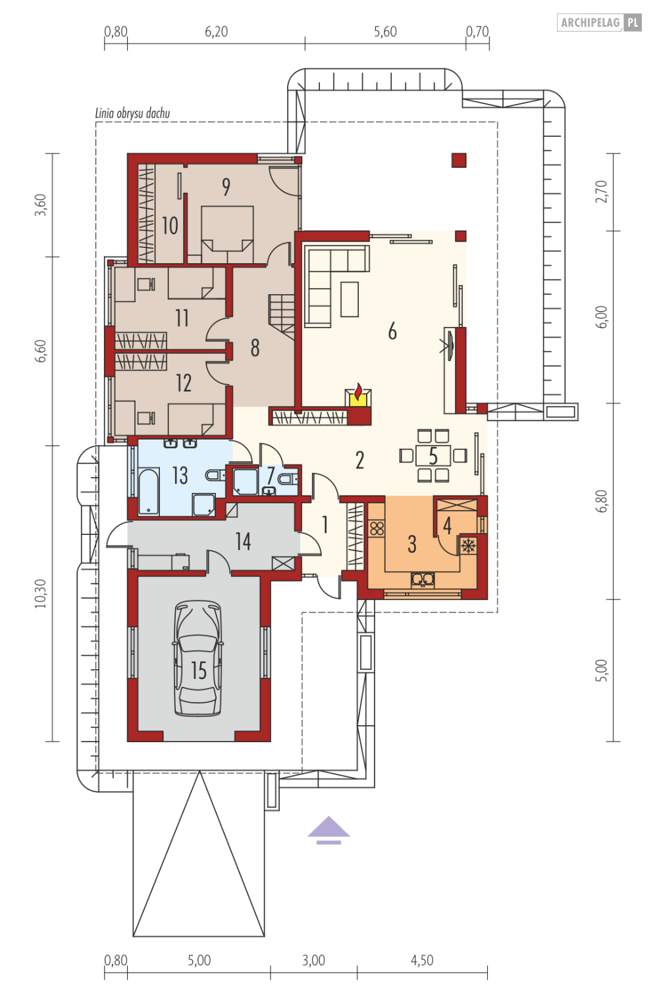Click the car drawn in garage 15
click(x=197, y=658)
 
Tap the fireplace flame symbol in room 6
click(x=358, y=393)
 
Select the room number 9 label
click(x=226, y=187)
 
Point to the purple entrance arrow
click(x=328, y=830)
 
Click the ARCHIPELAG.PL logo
click(x=599, y=22)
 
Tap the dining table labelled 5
click(x=433, y=455)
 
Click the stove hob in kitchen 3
click(x=377, y=528)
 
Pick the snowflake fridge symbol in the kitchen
click(x=468, y=545)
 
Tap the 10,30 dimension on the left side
click(x=41, y=593)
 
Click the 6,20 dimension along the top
click(x=216, y=32)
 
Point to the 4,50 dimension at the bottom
click(x=422, y=961)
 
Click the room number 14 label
click(x=243, y=541)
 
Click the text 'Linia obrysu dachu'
click(x=132, y=114)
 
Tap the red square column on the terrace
click(x=459, y=160)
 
